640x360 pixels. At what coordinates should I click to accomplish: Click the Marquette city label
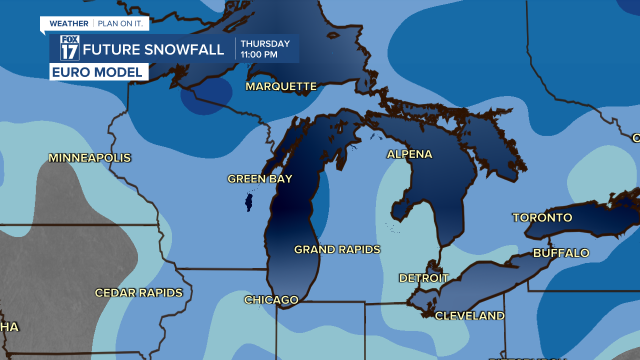[281, 86]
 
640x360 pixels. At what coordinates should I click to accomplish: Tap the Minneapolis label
[89, 158]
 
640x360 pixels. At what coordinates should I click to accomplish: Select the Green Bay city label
[259, 178]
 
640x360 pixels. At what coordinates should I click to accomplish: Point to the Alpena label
[409, 154]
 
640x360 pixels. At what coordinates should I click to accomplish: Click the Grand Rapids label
[337, 249]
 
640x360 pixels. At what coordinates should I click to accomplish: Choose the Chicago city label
[271, 300]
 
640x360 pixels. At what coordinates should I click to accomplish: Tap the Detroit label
[424, 278]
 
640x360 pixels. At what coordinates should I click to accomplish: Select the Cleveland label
[469, 315]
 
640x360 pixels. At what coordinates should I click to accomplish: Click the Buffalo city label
[561, 253]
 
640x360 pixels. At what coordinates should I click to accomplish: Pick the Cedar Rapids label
[139, 292]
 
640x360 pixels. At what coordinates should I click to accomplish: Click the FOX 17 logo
[69, 48]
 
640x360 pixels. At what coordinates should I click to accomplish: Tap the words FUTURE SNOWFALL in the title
[153, 49]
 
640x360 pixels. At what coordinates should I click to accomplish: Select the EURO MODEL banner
[98, 72]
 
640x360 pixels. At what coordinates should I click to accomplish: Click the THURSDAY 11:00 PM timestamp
[265, 49]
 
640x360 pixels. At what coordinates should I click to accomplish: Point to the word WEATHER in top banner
[69, 23]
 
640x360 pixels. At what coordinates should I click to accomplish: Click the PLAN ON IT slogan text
[120, 23]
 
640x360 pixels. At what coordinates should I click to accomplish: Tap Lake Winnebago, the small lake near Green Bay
[248, 202]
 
